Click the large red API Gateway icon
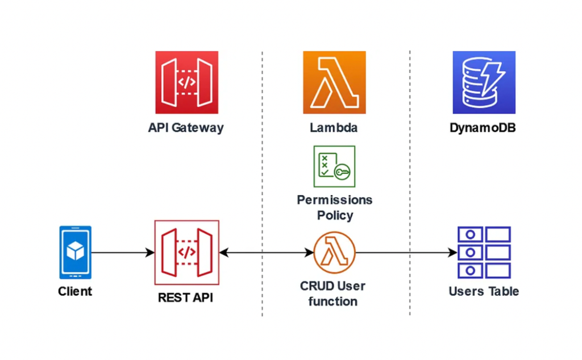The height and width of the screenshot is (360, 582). [186, 82]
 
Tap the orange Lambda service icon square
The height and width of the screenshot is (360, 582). [334, 82]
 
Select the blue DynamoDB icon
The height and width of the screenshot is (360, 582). [484, 82]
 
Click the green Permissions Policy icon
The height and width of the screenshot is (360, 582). [334, 166]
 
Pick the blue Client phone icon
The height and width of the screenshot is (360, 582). [76, 252]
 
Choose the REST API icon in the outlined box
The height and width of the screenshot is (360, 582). [186, 252]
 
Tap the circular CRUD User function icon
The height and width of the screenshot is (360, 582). [334, 252]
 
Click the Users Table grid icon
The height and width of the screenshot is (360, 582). [484, 252]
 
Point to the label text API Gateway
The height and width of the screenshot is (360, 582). [186, 127]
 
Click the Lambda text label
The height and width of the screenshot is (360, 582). [334, 127]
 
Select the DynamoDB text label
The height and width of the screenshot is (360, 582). [483, 127]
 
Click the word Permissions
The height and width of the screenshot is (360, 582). [335, 200]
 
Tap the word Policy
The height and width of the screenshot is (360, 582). [335, 216]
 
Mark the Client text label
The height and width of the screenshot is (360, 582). [75, 292]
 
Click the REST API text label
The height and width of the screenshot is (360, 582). [185, 297]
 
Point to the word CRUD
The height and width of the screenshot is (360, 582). [316, 286]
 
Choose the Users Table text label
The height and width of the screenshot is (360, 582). [484, 291]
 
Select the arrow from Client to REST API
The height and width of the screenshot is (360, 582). [122, 252]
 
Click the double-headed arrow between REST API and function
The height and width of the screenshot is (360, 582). [266, 252]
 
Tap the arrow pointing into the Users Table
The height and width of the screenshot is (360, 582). [406, 252]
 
